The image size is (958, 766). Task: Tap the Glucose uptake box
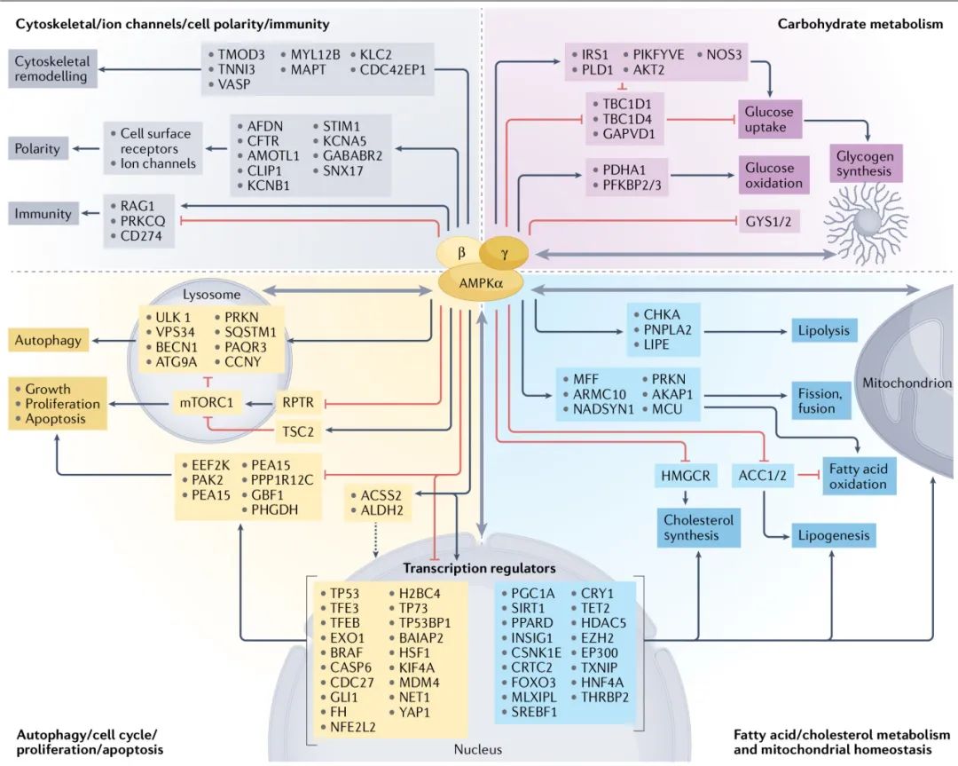pos(770,119)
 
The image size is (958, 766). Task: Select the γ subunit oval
pos(505,253)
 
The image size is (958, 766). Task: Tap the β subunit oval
pos(461,252)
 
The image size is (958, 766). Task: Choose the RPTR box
pos(297,403)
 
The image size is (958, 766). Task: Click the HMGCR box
pos(687,476)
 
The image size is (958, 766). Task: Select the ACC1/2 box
pos(763,476)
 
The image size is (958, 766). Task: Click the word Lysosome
pos(205,294)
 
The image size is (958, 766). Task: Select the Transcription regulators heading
pos(480,568)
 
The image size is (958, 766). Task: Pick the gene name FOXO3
pos(532,683)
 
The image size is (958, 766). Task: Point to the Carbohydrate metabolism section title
pos(860,24)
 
